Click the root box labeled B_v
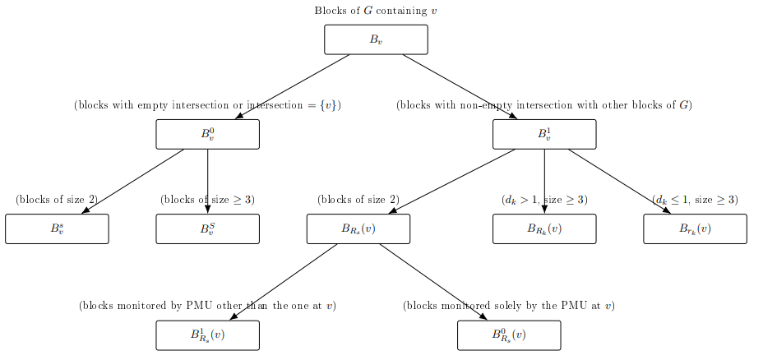[x=376, y=39]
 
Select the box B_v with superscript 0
[x=207, y=134]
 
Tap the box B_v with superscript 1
[x=544, y=134]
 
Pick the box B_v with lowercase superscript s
[x=57, y=228]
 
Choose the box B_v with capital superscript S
[x=207, y=228]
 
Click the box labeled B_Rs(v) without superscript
[x=358, y=228]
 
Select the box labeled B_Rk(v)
[x=544, y=228]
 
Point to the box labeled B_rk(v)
[x=695, y=228]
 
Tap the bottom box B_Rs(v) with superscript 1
[x=207, y=335]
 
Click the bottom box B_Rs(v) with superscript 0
[x=509, y=335]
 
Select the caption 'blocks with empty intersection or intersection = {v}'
[x=207, y=105]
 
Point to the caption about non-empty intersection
[x=544, y=105]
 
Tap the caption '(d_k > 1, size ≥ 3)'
[x=544, y=200]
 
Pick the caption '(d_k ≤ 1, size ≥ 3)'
[x=695, y=200]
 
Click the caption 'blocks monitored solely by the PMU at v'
[x=509, y=306]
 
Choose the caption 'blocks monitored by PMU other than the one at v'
[x=207, y=306]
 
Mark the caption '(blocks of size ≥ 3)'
[x=207, y=200]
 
